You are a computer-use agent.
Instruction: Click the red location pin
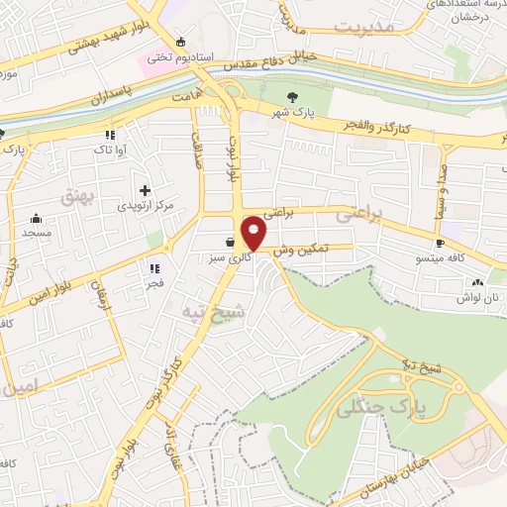254,233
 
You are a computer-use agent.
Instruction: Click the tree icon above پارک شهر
291,96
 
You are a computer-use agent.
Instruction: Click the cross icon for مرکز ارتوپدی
145,189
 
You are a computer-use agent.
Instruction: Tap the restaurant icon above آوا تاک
110,134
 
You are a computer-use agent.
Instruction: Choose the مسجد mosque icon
37,219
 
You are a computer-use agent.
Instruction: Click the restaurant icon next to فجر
153,266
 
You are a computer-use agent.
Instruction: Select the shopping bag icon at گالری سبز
230,242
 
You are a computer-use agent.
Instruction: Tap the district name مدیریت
362,27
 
